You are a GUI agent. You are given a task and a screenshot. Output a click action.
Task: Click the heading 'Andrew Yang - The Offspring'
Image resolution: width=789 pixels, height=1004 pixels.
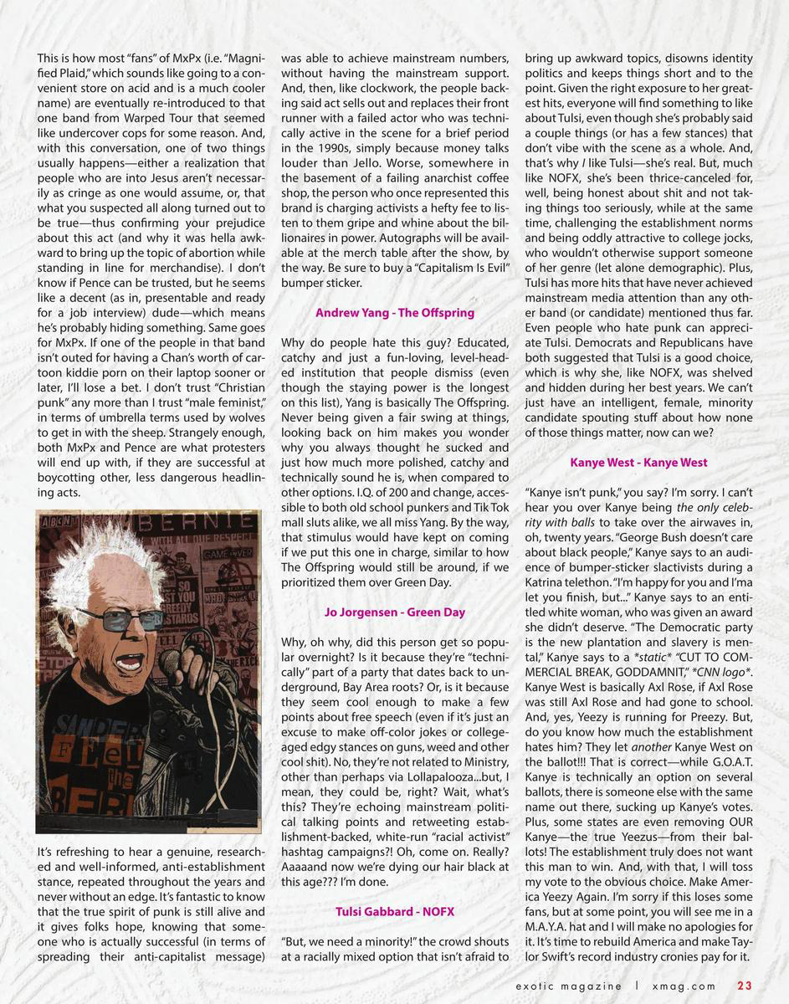(395, 313)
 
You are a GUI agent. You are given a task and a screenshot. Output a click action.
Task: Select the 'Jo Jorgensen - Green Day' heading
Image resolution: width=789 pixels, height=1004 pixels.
(395, 612)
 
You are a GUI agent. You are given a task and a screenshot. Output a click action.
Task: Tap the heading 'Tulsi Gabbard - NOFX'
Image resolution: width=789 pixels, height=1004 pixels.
(395, 911)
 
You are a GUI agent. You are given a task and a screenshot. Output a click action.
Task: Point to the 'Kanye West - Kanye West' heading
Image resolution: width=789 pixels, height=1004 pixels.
(638, 463)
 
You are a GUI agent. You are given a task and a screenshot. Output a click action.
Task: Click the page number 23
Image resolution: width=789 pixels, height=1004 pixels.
(745, 986)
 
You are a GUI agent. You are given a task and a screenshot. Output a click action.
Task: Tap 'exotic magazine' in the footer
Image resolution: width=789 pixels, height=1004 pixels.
(568, 986)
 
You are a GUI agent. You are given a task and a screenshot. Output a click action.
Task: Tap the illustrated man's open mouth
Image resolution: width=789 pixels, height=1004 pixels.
(129, 663)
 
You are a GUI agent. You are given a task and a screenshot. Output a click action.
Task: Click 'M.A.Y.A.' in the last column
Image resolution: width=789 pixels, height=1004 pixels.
(548, 926)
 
